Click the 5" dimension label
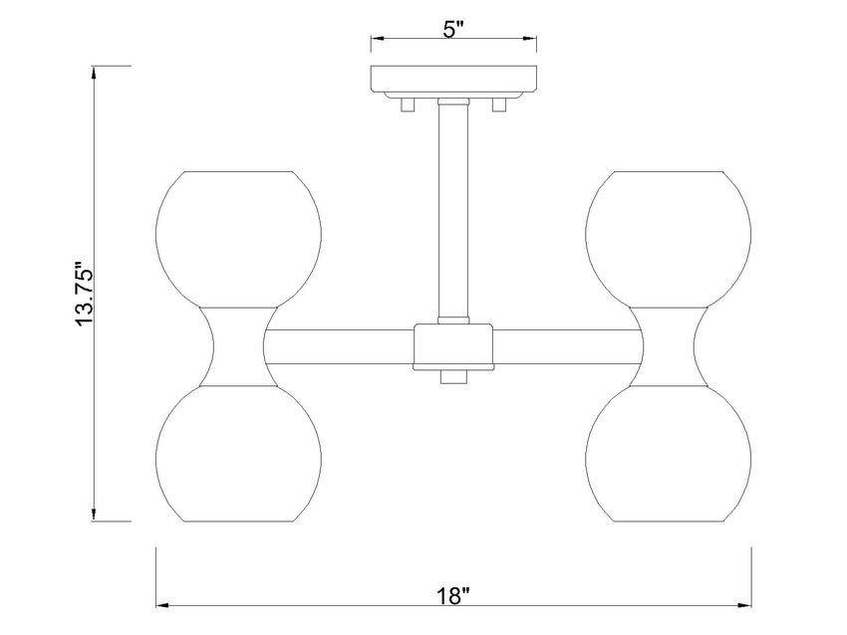click(x=453, y=29)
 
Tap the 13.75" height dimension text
click(x=83, y=296)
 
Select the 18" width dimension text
click(x=452, y=596)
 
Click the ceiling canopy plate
click(x=453, y=80)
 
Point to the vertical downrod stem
click(x=453, y=209)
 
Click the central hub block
click(x=453, y=345)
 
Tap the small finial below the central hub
click(x=453, y=377)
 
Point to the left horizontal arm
click(x=339, y=345)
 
